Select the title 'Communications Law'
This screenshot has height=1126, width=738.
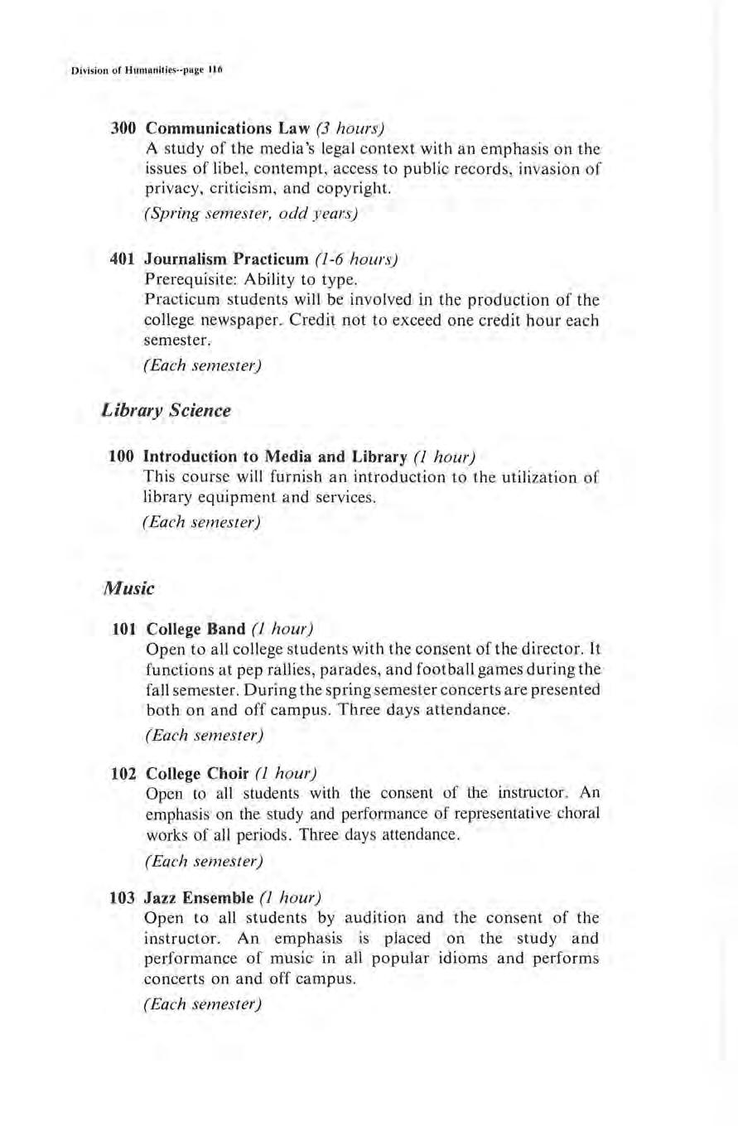(x=210, y=129)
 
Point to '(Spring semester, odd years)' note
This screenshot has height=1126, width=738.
(x=251, y=215)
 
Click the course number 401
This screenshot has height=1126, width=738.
(x=126, y=259)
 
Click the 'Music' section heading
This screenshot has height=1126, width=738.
(x=124, y=589)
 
